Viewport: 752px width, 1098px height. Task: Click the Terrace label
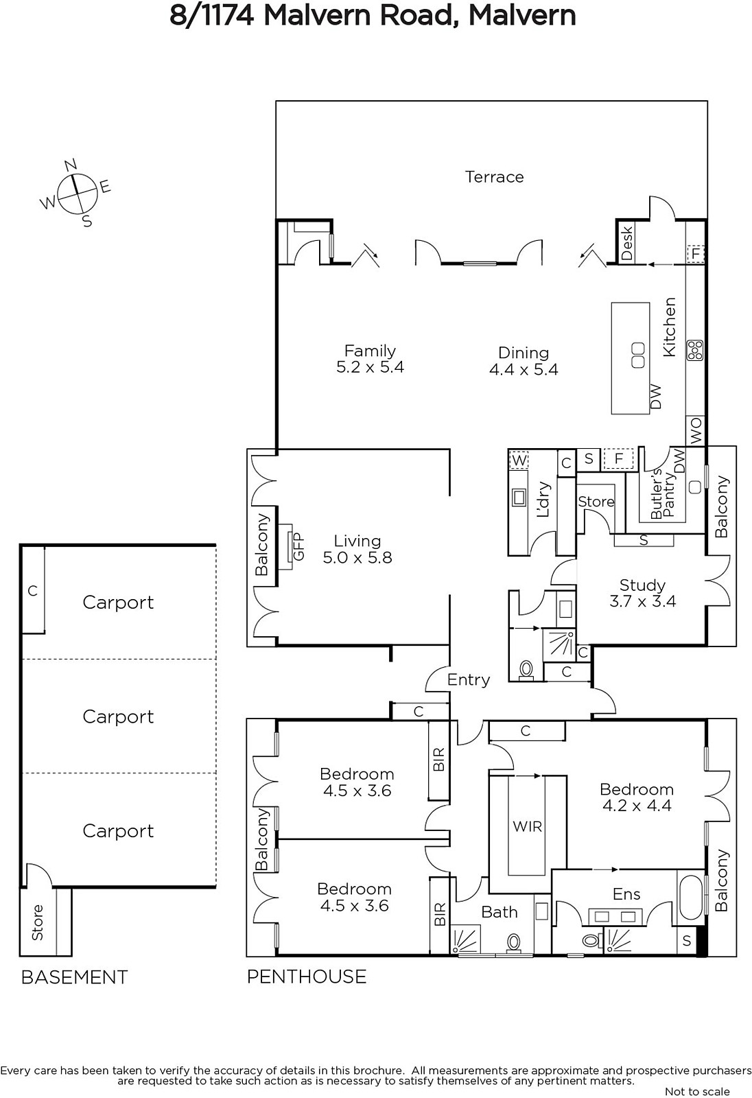[x=494, y=177]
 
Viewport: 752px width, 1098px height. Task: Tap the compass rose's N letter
[x=71, y=165]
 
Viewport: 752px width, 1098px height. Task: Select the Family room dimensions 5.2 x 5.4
[x=370, y=366]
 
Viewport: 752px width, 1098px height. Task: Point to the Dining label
[x=524, y=353]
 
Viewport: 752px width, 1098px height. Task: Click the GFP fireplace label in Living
[x=298, y=546]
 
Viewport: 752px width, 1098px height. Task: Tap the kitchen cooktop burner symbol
[x=695, y=350]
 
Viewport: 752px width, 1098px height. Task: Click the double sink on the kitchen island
[x=638, y=355]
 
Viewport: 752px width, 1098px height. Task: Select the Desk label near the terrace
[x=627, y=243]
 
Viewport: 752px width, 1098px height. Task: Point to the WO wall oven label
[x=696, y=431]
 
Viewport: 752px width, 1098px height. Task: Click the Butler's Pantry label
[x=662, y=493]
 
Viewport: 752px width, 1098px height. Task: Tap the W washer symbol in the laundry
[x=519, y=460]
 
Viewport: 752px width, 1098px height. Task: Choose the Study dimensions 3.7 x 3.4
[x=643, y=601]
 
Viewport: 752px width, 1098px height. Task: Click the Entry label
[x=469, y=680]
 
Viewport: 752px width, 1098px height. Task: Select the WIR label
[x=528, y=827]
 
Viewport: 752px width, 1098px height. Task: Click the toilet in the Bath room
[x=513, y=944]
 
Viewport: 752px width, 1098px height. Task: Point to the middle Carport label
[x=118, y=716]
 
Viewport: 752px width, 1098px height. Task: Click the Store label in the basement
[x=38, y=922]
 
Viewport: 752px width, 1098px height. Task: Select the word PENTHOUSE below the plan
[x=307, y=977]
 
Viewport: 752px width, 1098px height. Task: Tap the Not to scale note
[x=698, y=1091]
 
